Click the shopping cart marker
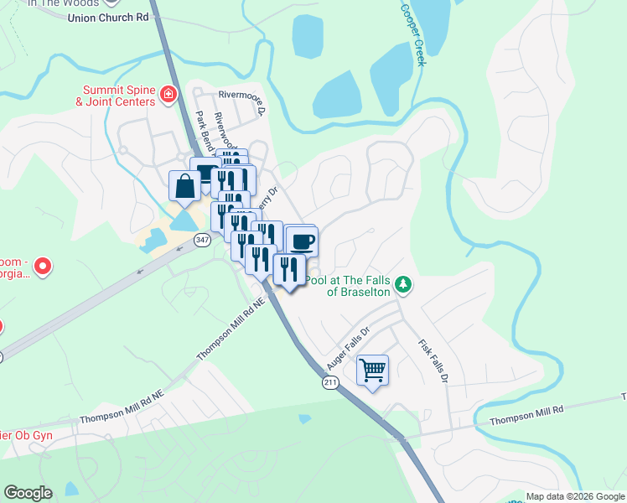point(372,369)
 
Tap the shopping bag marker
point(184,186)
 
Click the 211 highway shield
point(331,382)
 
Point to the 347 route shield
point(202,240)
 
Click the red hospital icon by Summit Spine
point(168,94)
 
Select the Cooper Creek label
point(413,34)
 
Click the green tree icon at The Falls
point(404,285)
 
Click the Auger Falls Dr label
point(346,350)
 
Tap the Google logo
point(28,493)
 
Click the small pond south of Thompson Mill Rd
point(304,418)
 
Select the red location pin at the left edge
point(42,268)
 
